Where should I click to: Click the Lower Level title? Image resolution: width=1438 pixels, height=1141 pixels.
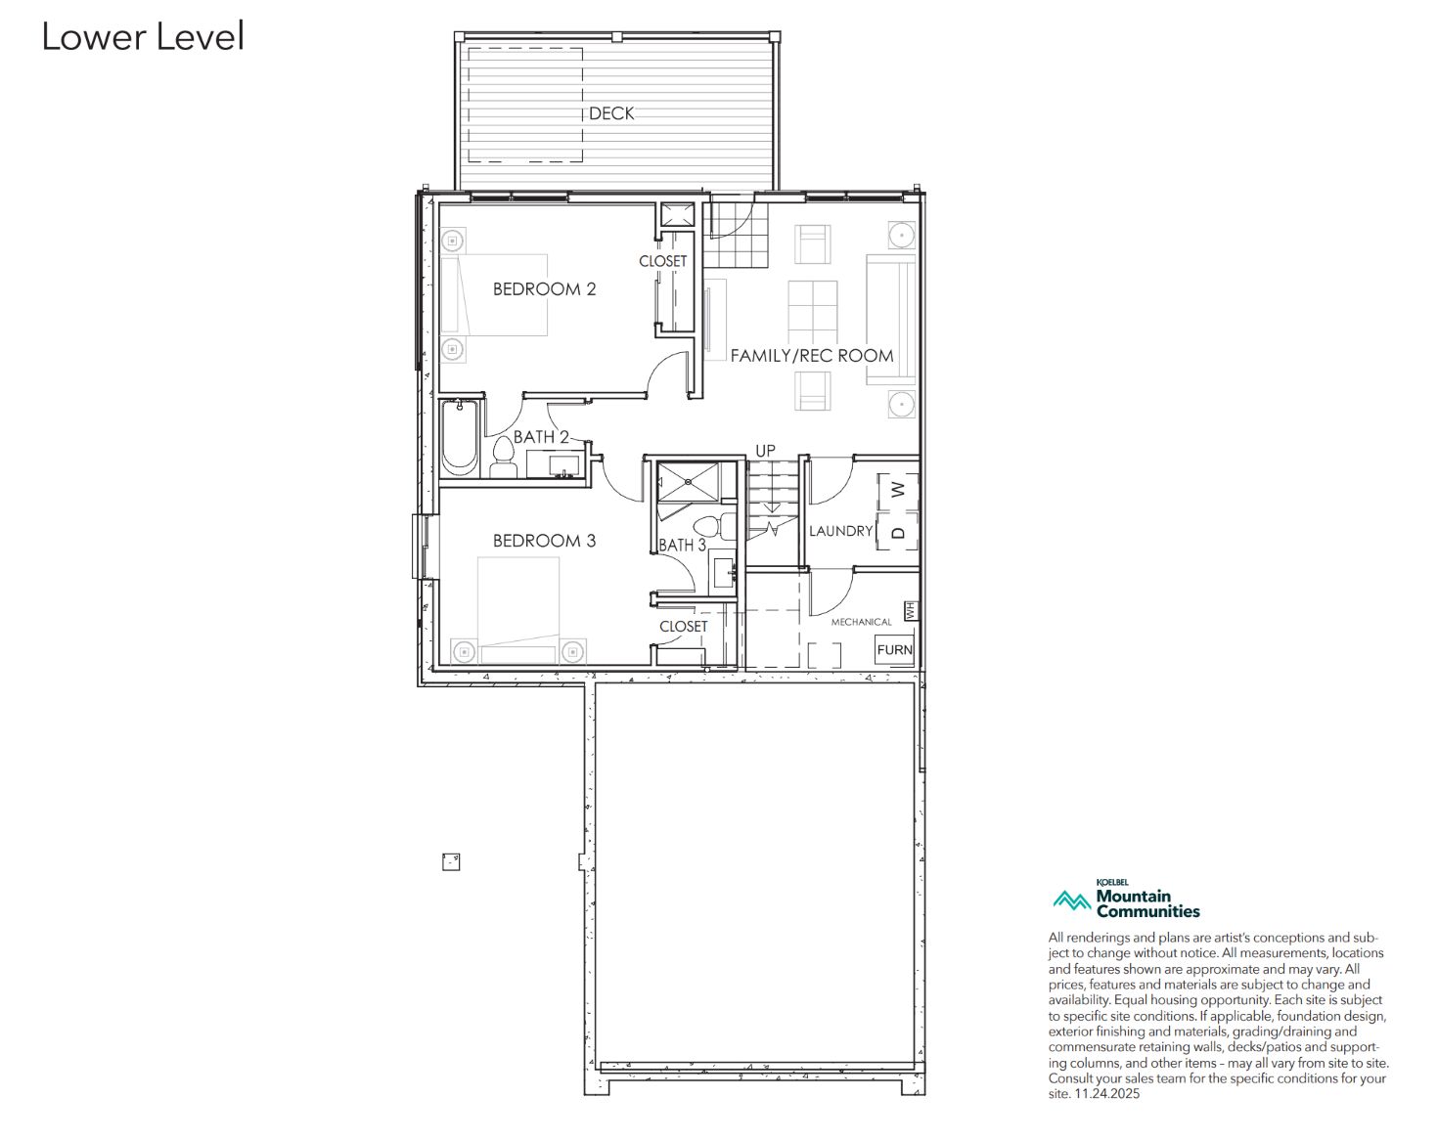[x=143, y=37]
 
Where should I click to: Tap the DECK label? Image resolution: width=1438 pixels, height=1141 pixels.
[x=610, y=113]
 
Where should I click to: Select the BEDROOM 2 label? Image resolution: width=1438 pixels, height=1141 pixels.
[x=544, y=289]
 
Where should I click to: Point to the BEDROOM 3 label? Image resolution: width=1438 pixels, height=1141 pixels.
[x=544, y=541]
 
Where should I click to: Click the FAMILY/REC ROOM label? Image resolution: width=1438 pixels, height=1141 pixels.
[x=812, y=355]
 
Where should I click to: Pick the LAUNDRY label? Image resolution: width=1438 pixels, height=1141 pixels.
[x=840, y=531]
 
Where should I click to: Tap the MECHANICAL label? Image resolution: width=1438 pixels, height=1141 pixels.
[x=861, y=622]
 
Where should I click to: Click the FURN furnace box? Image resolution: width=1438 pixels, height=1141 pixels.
[x=894, y=649]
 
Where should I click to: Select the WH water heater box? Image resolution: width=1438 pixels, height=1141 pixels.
[x=910, y=610]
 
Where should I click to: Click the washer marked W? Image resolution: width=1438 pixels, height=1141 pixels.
[x=897, y=491]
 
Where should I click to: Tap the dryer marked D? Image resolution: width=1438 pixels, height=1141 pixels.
[x=897, y=532]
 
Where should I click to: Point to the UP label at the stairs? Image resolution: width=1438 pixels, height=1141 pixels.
[x=765, y=451]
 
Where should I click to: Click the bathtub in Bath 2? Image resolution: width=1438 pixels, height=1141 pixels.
[x=460, y=438]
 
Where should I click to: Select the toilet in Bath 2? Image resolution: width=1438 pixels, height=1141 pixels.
[x=503, y=457]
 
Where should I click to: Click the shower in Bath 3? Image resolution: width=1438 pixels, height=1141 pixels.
[x=689, y=481]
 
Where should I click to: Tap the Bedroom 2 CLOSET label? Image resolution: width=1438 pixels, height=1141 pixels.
[x=663, y=261]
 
